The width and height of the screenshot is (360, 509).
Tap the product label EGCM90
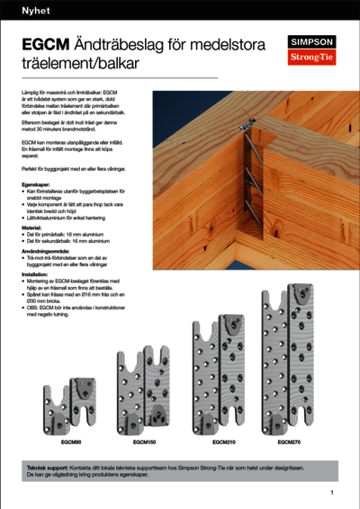tap(71, 443)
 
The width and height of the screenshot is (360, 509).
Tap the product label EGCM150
tap(145, 443)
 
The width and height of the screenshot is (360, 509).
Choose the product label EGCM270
tap(289, 443)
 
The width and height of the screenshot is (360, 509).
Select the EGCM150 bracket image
tap(147, 393)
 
